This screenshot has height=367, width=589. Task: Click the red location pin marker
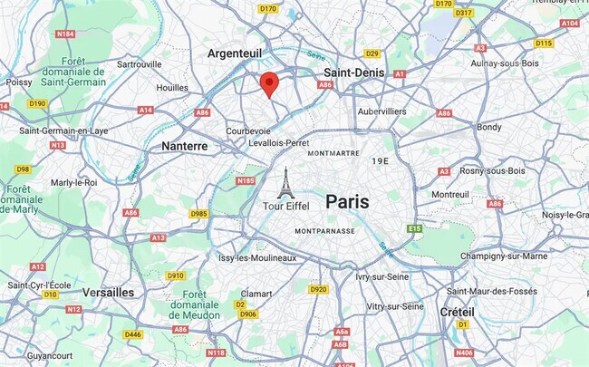tap(268, 84)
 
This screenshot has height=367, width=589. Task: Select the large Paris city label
tap(347, 201)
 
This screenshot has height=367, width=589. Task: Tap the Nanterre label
tap(185, 145)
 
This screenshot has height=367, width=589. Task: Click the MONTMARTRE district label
tap(334, 154)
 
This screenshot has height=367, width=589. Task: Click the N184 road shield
tap(64, 34)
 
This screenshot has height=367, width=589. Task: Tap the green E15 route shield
tap(414, 229)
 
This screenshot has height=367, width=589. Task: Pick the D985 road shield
tap(198, 214)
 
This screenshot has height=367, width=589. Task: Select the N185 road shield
tap(245, 181)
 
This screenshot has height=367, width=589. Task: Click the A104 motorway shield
tap(569, 23)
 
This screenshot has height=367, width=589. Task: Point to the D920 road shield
tap(317, 289)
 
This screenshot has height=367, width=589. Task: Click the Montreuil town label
tap(449, 194)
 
